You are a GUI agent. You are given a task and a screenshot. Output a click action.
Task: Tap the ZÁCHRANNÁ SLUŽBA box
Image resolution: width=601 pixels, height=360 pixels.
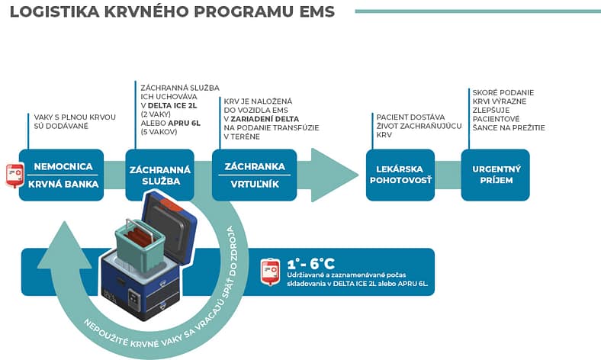tap(160, 175)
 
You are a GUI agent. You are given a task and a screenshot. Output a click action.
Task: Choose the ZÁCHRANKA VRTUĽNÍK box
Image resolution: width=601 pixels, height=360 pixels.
tap(255, 175)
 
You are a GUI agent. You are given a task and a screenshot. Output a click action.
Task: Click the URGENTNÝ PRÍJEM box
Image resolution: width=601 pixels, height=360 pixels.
tap(496, 175)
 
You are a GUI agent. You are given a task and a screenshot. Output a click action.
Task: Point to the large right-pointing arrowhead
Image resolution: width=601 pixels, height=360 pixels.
tap(334, 175)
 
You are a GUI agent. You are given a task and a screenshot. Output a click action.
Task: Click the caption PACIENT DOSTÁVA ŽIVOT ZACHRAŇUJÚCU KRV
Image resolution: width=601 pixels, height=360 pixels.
tap(418, 125)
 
